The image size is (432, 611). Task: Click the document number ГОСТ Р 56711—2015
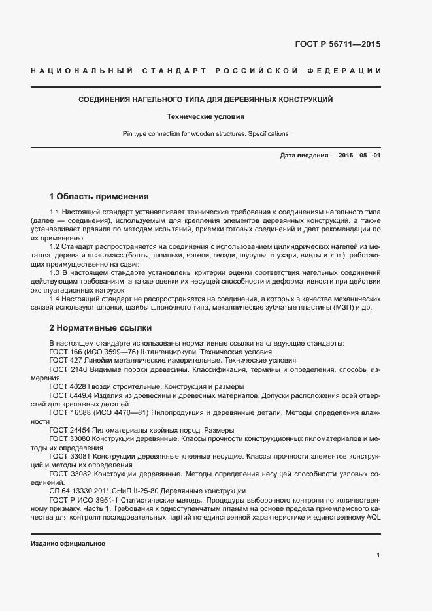pos(333,44)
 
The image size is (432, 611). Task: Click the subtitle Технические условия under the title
pos(206,117)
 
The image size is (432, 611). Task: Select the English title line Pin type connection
pos(206,133)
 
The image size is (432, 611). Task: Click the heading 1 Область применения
pos(99,196)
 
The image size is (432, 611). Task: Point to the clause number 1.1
pos(55,213)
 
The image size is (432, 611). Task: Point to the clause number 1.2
pos(55,245)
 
